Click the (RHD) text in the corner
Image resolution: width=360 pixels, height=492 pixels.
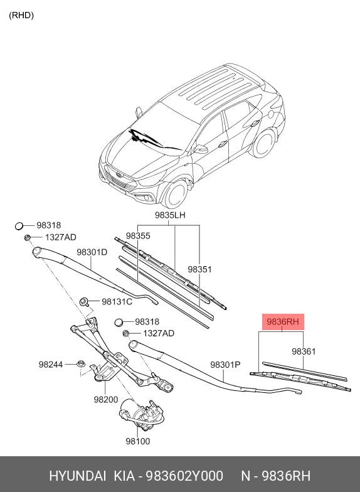[x=21, y=15]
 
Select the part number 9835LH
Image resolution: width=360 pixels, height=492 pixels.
[x=171, y=215]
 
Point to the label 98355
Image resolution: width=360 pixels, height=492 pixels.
[x=137, y=236]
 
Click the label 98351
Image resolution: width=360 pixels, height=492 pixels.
[x=199, y=269]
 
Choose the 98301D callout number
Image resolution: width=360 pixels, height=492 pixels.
[x=92, y=252]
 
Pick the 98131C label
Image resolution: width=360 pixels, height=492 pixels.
[x=117, y=302]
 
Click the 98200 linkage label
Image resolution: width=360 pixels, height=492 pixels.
[x=106, y=399]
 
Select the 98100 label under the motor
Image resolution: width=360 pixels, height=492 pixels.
[x=138, y=442]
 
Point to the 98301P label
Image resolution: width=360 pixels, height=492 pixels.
[x=226, y=364]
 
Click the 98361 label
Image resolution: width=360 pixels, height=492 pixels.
[x=304, y=351]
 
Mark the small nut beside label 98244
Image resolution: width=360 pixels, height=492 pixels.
[x=80, y=364]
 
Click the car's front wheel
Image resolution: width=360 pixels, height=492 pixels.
[x=175, y=193]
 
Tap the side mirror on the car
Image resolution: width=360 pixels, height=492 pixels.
[x=201, y=149]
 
